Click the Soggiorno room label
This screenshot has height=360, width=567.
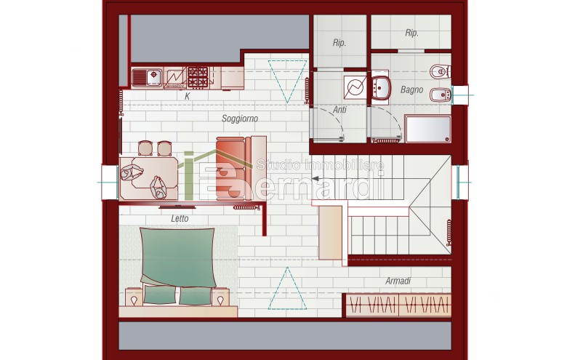click(x=240, y=119)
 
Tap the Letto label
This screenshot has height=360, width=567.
click(x=180, y=218)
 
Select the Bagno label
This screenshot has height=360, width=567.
click(x=411, y=89)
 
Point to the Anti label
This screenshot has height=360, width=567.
click(x=339, y=109)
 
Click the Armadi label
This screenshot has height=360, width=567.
click(x=398, y=281)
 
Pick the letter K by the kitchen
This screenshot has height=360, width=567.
click(x=188, y=96)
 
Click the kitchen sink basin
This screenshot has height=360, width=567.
click(x=154, y=75)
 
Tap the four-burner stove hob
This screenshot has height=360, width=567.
click(x=198, y=77)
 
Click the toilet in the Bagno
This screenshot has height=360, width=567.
click(x=440, y=71)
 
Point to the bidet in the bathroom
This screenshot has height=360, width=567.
click(x=440, y=95)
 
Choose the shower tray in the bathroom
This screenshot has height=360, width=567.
click(x=427, y=129)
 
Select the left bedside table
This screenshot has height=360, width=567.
click(x=134, y=297)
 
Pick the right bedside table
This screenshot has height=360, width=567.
click(x=220, y=297)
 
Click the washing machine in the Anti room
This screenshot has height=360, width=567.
click(x=355, y=87)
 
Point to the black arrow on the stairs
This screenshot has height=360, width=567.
click(x=315, y=178)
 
